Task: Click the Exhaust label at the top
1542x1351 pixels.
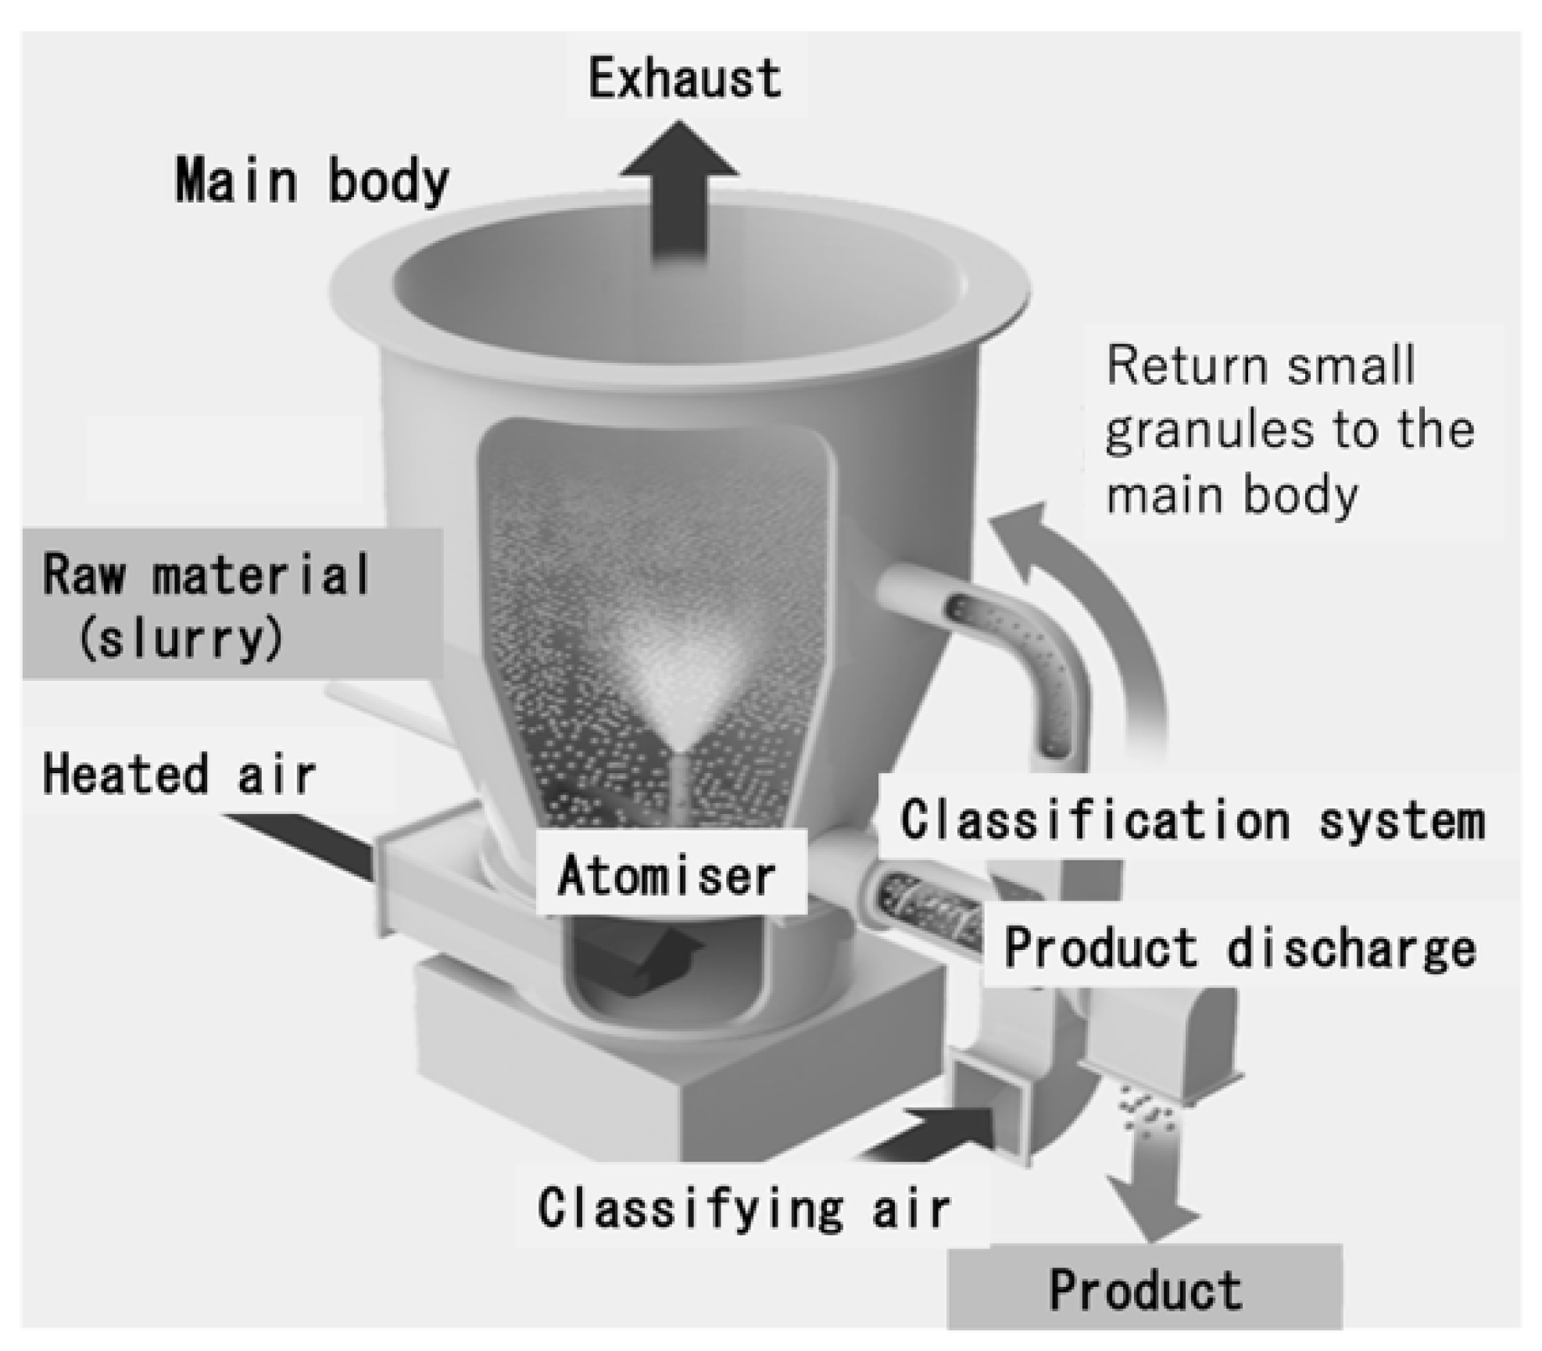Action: coord(685,78)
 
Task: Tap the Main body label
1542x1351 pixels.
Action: coord(312,181)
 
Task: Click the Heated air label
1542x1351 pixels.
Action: coord(179,775)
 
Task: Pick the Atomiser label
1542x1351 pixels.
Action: coord(667,875)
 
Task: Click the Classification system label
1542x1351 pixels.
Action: coord(1192,821)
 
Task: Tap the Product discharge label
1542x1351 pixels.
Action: coord(1239,948)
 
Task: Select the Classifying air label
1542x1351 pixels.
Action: coord(743,1208)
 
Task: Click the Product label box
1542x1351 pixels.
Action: coord(1144,1291)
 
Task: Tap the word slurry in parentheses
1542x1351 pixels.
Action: coord(181,640)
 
